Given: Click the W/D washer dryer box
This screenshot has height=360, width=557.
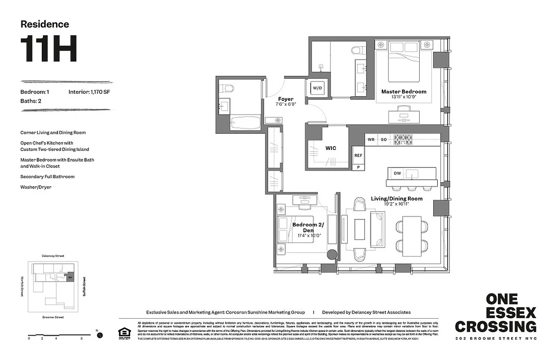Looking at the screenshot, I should pyautogui.click(x=317, y=87).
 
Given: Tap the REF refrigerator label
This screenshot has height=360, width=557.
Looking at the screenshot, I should pyautogui.click(x=358, y=155).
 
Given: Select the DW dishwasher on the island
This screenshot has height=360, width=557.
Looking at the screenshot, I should pyautogui.click(x=397, y=173).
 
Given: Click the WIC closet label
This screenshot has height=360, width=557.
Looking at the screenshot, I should pyautogui.click(x=331, y=148).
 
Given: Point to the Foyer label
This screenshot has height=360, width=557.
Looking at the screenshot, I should pyautogui.click(x=285, y=99).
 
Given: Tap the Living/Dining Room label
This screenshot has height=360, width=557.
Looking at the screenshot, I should pyautogui.click(x=396, y=198).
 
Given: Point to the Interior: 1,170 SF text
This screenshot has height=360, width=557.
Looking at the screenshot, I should pyautogui.click(x=90, y=92).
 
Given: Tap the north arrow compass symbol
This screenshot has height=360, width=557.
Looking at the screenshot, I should pyautogui.click(x=100, y=335).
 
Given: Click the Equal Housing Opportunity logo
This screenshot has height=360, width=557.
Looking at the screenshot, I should pyautogui.click(x=122, y=333).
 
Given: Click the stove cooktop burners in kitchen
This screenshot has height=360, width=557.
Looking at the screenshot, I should pyautogui.click(x=404, y=139).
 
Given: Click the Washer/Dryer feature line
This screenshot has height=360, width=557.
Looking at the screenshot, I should pyautogui.click(x=36, y=187).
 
